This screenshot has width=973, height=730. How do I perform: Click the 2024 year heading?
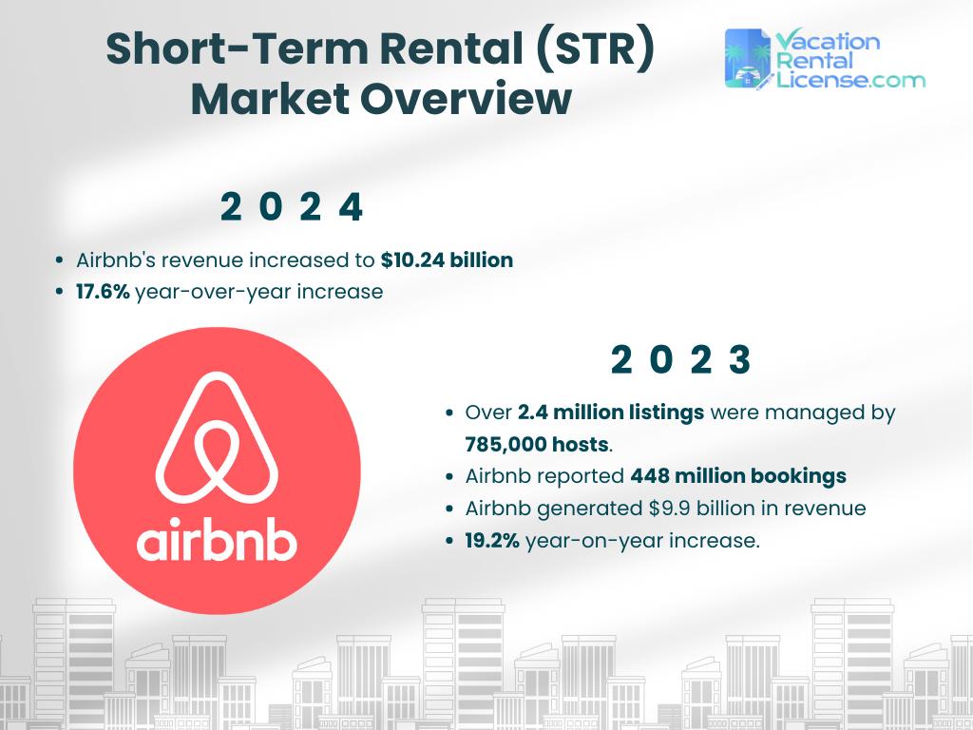(291, 207)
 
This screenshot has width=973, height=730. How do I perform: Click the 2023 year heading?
(680, 360)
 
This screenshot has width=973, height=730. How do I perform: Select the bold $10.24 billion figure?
(447, 259)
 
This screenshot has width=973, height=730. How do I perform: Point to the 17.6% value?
(103, 292)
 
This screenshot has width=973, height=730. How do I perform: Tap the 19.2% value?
(492, 542)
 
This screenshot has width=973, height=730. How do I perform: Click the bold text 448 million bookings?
(738, 476)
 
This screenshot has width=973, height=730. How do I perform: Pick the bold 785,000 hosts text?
(537, 444)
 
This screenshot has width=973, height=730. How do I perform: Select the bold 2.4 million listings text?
(611, 413)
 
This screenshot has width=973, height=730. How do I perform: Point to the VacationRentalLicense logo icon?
(748, 59)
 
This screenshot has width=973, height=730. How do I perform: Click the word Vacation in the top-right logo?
(828, 41)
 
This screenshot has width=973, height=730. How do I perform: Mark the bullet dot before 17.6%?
(61, 292)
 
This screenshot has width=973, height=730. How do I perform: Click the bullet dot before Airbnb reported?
(449, 476)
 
